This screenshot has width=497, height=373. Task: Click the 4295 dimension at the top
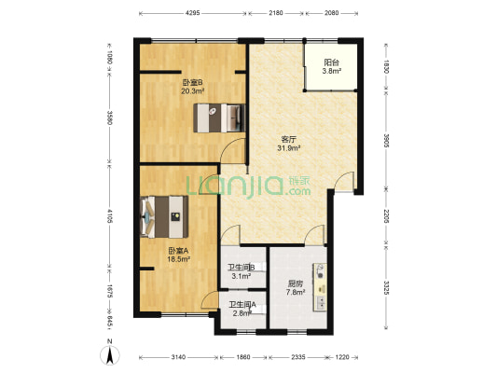192,13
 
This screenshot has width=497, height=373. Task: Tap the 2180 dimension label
276,13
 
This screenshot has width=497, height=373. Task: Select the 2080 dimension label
332,13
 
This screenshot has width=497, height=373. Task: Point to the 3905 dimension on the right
386,141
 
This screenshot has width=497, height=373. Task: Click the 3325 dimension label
386,288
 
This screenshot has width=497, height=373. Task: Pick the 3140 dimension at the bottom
178,357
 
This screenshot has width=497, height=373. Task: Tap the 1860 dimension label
243,357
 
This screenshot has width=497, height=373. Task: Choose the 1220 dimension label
342,357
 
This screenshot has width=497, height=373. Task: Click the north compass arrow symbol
110,354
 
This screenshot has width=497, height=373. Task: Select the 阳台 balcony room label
332,62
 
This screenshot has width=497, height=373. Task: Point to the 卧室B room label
192,83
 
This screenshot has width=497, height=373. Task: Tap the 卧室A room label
178,251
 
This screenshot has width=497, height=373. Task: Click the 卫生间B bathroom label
242,268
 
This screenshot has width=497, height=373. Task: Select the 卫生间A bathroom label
242,305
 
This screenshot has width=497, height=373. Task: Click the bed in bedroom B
219,117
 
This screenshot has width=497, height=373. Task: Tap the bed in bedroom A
164,216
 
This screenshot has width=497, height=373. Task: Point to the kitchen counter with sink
320,287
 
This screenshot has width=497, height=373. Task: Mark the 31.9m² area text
289,147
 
